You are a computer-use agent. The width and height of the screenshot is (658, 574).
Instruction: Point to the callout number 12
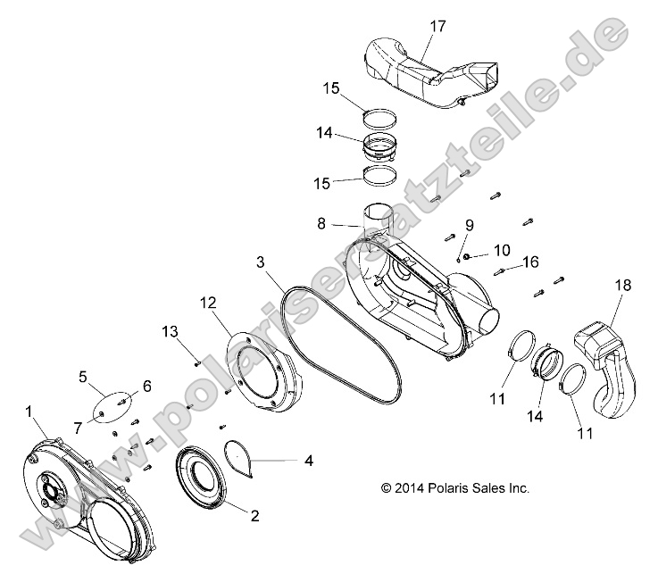[207, 304]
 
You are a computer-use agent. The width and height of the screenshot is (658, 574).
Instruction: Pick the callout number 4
[308, 462]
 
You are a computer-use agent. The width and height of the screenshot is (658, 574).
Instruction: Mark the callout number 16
[531, 262]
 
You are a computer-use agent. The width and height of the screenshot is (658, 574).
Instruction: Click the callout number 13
[171, 332]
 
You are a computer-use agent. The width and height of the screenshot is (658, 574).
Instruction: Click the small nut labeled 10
[470, 255]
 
